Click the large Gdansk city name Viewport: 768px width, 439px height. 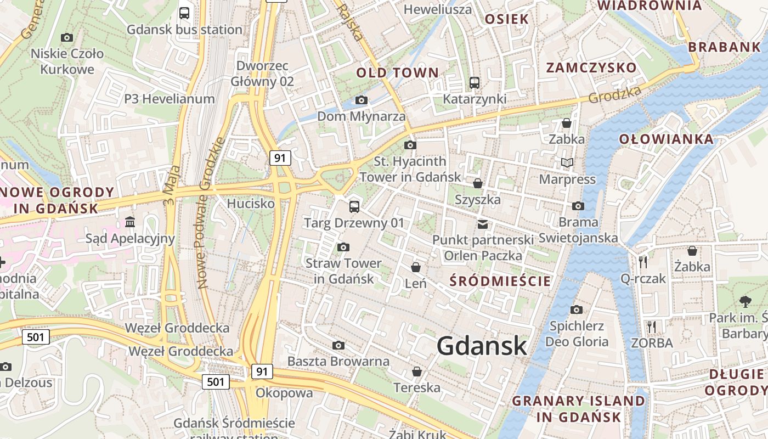482,346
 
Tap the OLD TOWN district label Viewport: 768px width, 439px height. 398,72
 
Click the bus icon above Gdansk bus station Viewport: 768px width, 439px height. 184,13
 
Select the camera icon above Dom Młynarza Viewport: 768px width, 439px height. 361,100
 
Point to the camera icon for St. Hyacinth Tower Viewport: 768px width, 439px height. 410,145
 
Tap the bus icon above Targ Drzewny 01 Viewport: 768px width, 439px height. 354,207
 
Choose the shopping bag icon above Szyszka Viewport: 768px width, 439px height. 478,183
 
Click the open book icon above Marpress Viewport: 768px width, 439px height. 567,163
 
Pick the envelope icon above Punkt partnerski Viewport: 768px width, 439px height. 483,224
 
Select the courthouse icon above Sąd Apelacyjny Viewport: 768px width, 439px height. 130,222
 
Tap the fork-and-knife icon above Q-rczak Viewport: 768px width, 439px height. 643,262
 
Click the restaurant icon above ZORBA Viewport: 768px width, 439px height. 652,327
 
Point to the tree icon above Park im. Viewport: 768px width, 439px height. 745,301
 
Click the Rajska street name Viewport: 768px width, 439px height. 349,22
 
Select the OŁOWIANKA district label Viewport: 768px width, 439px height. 667,139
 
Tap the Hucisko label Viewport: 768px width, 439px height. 251,204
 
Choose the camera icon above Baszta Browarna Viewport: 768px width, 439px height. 338,345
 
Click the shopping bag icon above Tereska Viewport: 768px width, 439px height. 417,372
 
